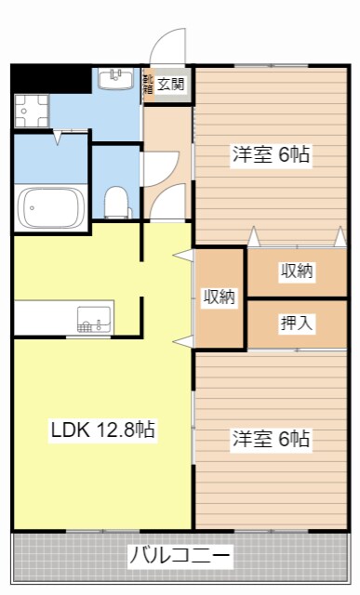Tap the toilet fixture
(x=116, y=198)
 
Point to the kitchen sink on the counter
(x=91, y=322)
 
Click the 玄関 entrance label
(x=170, y=85)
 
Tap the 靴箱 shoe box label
(x=147, y=85)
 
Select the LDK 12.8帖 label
(x=101, y=430)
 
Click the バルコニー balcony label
(x=180, y=557)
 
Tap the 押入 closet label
(x=298, y=324)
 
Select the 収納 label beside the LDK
(x=220, y=297)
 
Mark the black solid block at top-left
(x=31, y=77)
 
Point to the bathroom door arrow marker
(x=58, y=139)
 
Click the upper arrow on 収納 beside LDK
(x=183, y=253)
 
